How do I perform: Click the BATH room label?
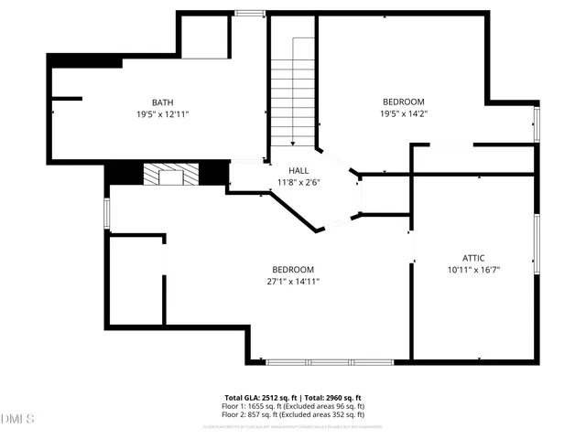[x=163, y=102]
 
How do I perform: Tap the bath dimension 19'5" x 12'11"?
[x=163, y=115]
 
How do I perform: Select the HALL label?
[x=298, y=171]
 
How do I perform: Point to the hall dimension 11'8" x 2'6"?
[x=298, y=182]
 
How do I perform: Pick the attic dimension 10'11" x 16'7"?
[x=472, y=270]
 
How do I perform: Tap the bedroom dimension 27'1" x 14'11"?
[x=293, y=282]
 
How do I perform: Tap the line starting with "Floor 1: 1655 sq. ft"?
[x=293, y=406]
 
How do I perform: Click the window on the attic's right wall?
[x=537, y=243]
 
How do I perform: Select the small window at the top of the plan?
[x=248, y=13]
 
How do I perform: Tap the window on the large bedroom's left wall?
[x=107, y=212]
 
